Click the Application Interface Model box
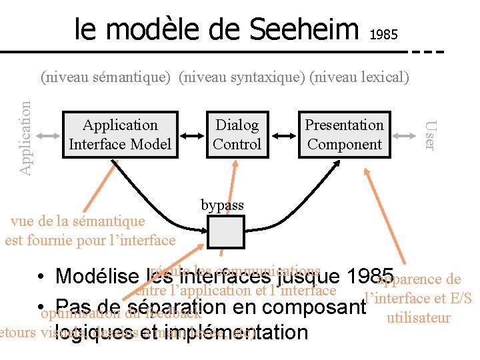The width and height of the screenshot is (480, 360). pos(120,135)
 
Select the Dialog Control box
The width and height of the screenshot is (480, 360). pos(237,135)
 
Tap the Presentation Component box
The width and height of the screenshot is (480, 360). pos(344,135)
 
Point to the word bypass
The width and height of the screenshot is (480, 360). pos(222,205)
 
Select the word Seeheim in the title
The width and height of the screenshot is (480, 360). pos(303,29)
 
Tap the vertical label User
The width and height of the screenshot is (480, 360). pos(431,135)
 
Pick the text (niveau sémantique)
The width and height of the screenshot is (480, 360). pos(107,77)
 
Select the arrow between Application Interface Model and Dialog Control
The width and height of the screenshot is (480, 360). pos(192,135)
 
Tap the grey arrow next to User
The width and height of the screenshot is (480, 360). pos(406,135)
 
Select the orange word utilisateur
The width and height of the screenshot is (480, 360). pos(419,318)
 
